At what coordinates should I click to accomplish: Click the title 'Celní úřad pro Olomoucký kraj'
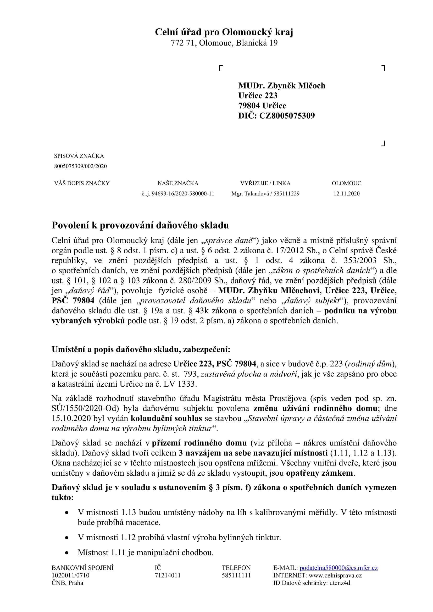[224, 32]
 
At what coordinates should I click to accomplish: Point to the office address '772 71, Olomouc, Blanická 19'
[224, 43]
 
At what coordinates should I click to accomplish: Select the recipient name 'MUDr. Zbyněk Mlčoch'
[282, 86]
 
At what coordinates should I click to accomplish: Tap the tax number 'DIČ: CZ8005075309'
[276, 116]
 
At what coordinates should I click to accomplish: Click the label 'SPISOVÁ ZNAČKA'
[79, 156]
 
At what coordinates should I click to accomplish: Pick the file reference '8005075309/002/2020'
[80, 166]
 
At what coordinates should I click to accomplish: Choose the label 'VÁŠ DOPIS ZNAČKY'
[82, 183]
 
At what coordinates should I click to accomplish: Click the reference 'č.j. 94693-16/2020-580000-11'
[178, 194]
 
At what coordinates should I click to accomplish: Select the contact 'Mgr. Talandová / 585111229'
[265, 194]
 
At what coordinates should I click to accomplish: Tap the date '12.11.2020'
[346, 194]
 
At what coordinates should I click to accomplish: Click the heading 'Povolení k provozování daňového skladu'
[140, 225]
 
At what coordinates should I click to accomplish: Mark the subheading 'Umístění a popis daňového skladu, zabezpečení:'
[141, 350]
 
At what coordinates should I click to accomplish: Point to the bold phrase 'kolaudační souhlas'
[166, 419]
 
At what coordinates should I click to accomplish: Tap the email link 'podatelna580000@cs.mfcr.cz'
[338, 568]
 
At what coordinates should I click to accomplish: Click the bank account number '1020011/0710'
[70, 575]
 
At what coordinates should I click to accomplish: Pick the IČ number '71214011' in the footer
[168, 575]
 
